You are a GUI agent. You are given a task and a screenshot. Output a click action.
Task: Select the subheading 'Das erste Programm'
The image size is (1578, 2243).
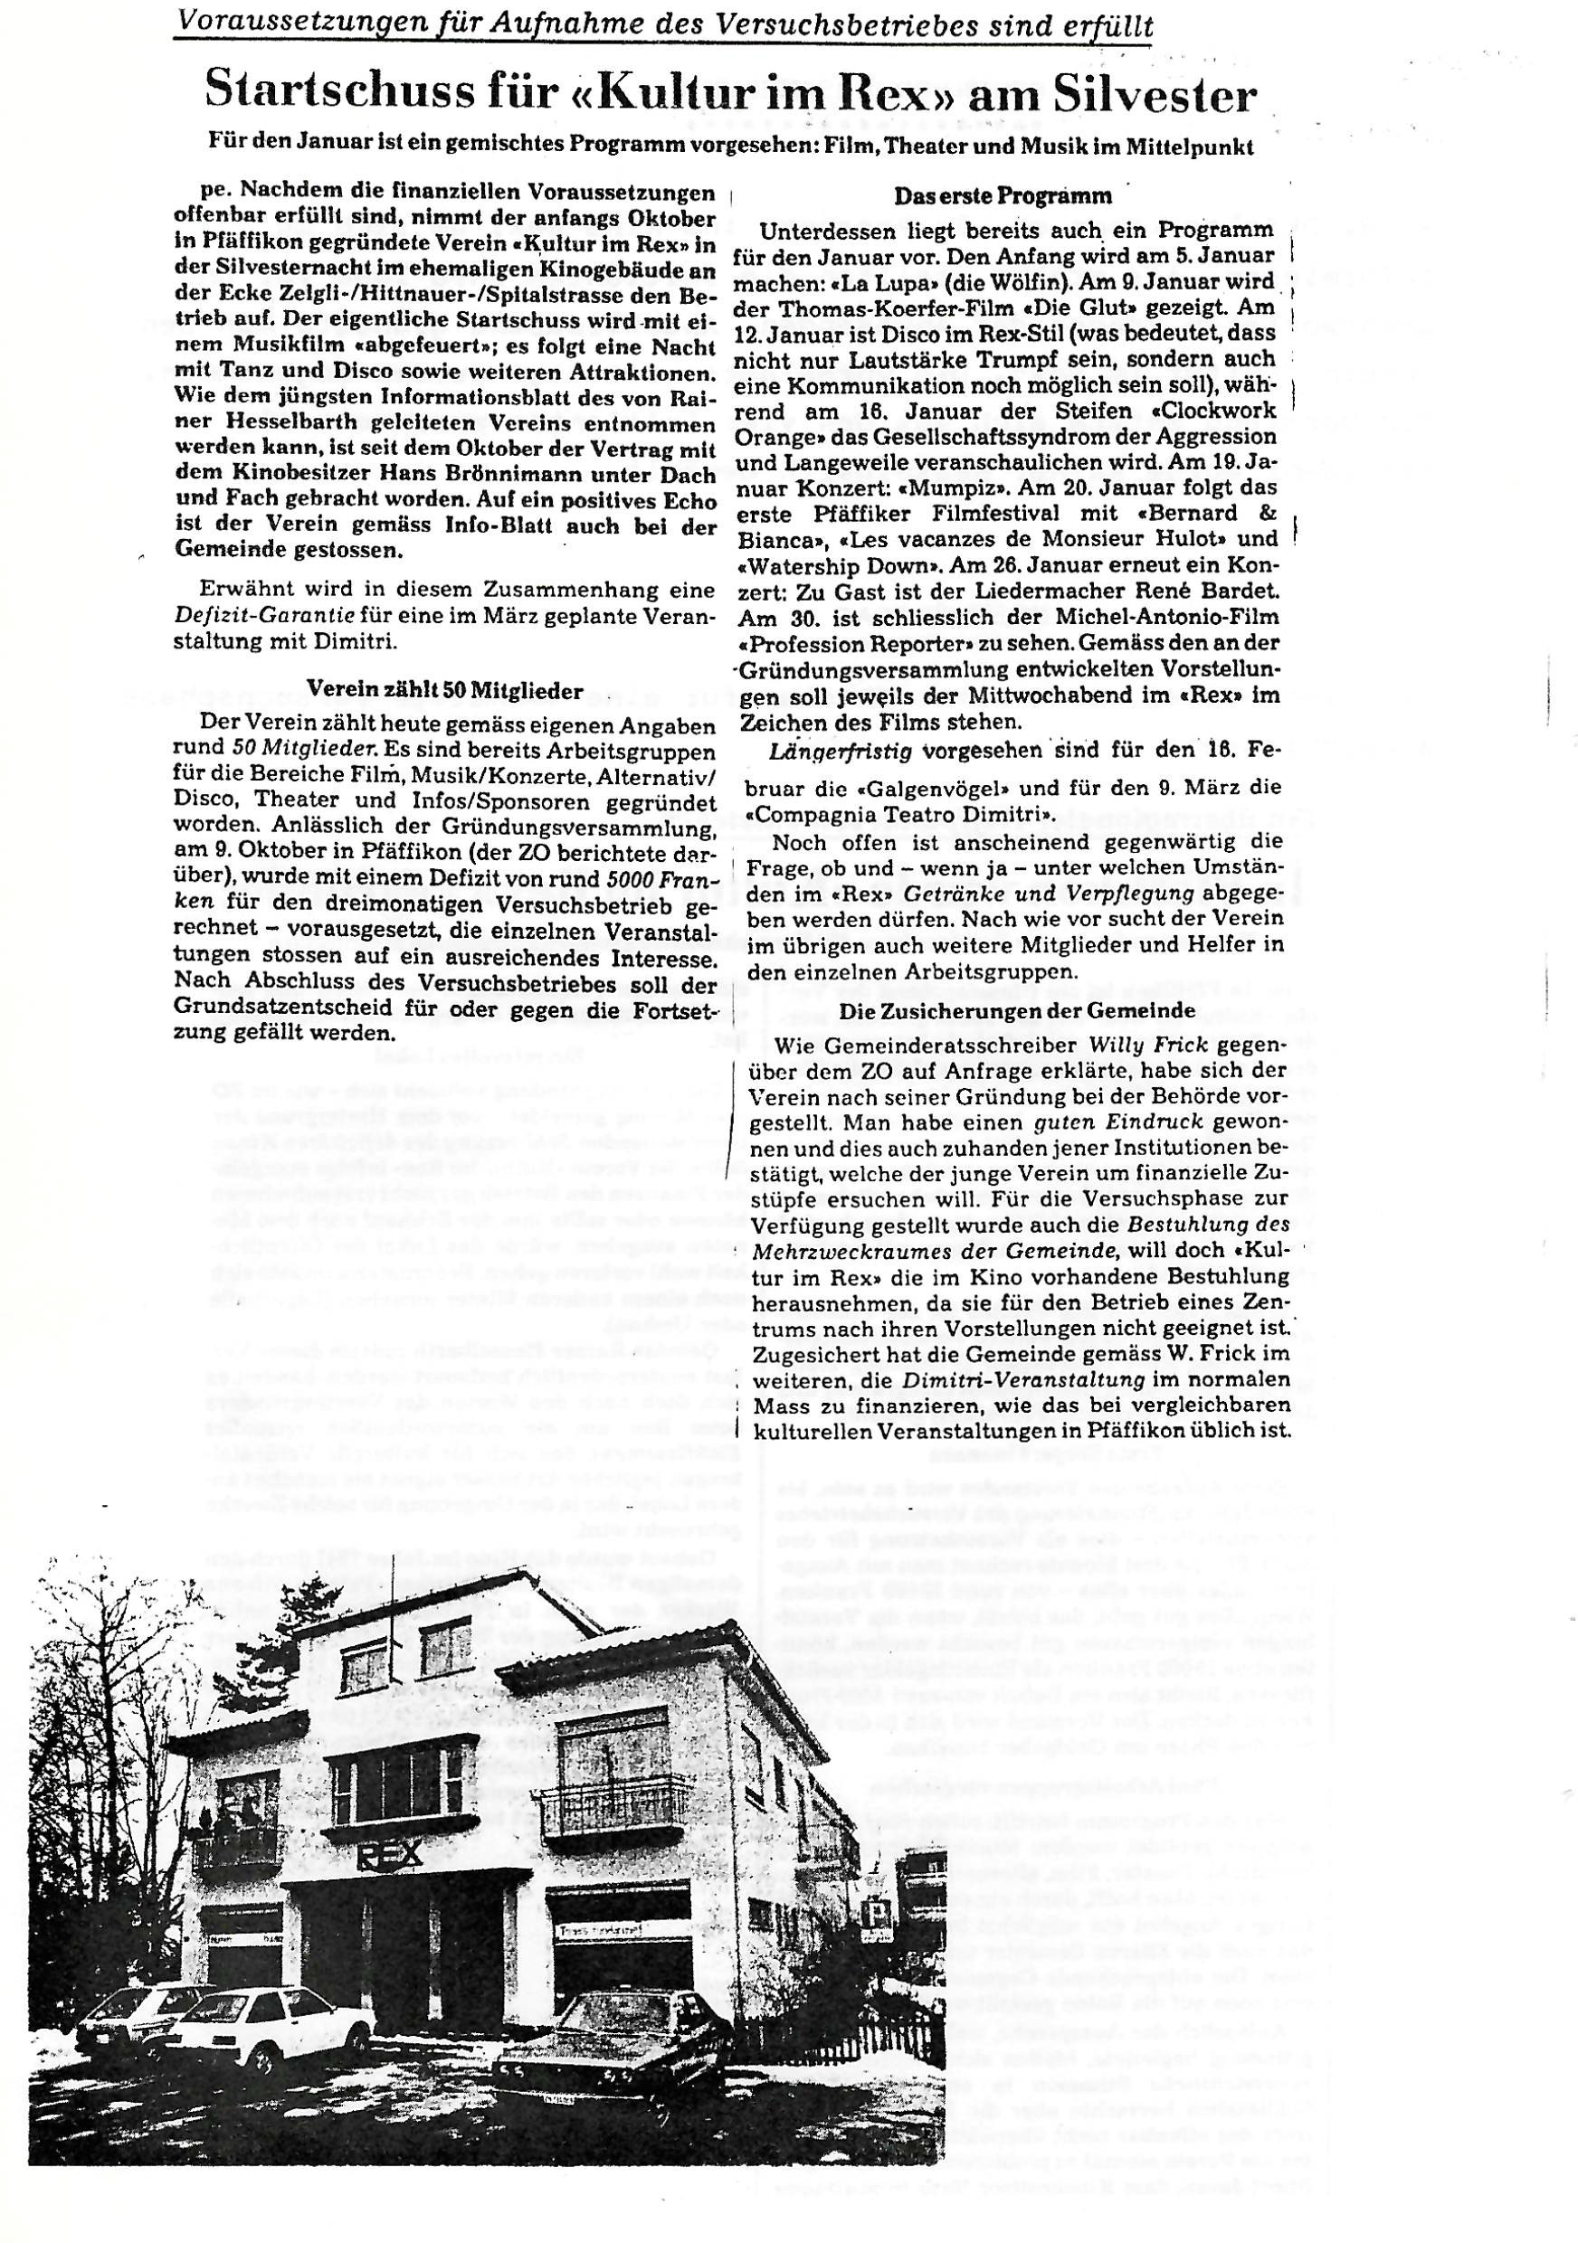[1003, 195]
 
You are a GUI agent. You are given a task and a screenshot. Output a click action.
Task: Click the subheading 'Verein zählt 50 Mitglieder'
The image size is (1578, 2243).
[444, 691]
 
